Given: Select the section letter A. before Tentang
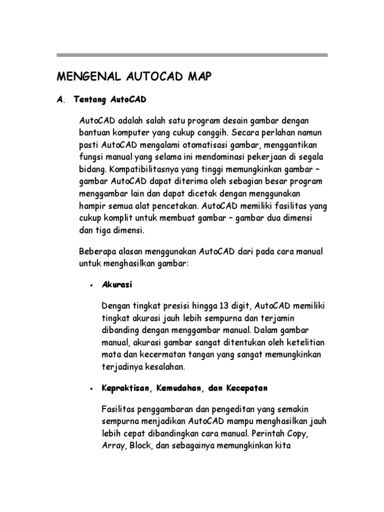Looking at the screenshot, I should point(61,100).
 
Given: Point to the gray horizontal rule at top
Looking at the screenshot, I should point(192,55).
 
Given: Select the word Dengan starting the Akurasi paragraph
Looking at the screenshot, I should point(114,305).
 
